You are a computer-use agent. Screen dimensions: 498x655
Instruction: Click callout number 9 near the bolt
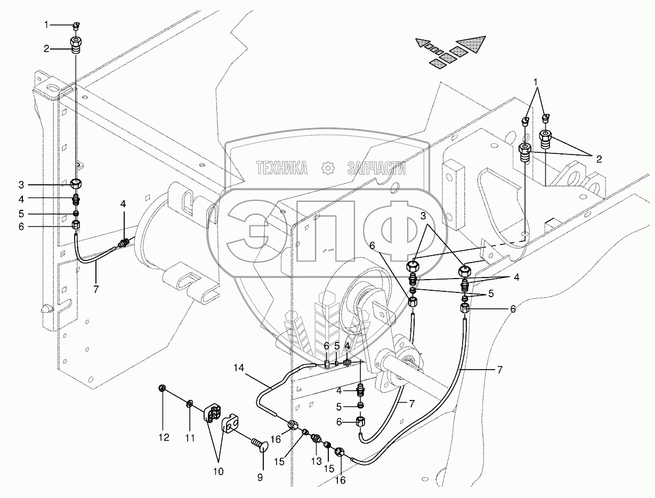point(260,478)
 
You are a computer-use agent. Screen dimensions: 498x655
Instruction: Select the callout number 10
point(218,471)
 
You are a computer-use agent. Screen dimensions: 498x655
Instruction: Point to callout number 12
point(164,438)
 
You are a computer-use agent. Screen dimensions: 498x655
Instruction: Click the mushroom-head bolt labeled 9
point(257,442)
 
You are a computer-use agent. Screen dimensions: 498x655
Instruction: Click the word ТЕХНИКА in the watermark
point(282,169)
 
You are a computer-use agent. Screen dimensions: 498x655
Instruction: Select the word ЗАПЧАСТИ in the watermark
point(376,169)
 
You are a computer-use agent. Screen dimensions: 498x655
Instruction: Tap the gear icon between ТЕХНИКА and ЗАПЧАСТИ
point(328,168)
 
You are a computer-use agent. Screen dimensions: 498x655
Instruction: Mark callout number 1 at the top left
point(46,24)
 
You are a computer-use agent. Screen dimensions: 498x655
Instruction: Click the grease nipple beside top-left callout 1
point(76,24)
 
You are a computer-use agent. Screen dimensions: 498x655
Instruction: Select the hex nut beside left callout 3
point(76,184)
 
